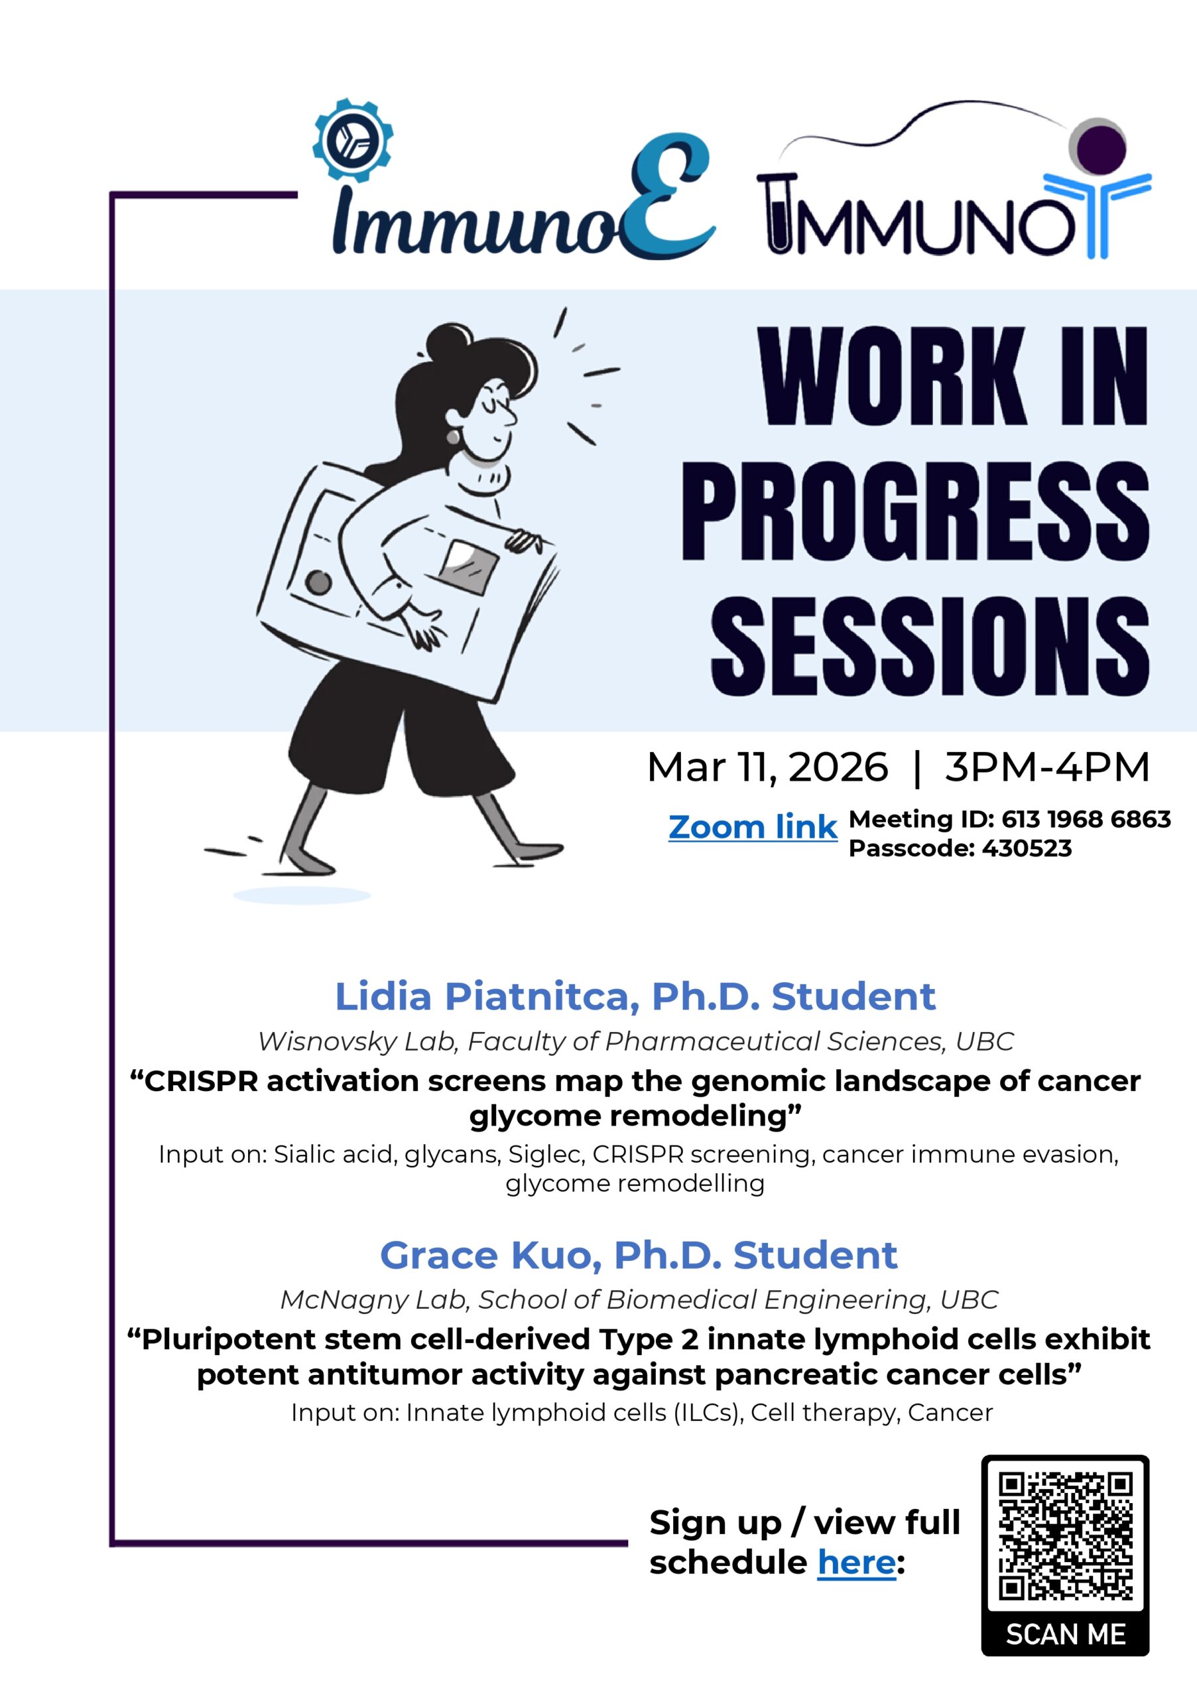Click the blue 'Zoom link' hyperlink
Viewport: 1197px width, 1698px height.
click(752, 827)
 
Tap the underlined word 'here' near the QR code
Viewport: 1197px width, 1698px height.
click(856, 1563)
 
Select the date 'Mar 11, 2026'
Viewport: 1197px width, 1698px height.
click(767, 767)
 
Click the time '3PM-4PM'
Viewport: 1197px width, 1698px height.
click(1047, 766)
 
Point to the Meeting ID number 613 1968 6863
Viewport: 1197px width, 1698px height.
click(1086, 818)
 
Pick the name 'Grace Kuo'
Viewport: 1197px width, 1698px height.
click(490, 1255)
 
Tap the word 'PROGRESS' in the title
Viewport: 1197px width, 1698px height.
click(915, 511)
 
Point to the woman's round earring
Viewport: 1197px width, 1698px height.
click(452, 437)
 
